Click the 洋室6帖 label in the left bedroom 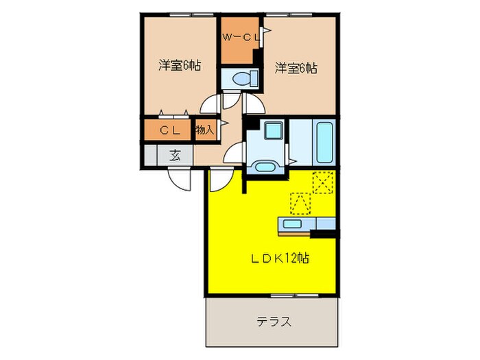tap(180, 67)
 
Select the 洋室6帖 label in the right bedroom tap(296, 67)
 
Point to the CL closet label tap(169, 130)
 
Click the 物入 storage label tap(204, 129)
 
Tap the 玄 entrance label tap(176, 155)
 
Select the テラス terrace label tap(274, 321)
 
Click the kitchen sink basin tap(292, 224)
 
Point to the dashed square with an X tap(322, 181)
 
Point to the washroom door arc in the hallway tap(236, 152)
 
